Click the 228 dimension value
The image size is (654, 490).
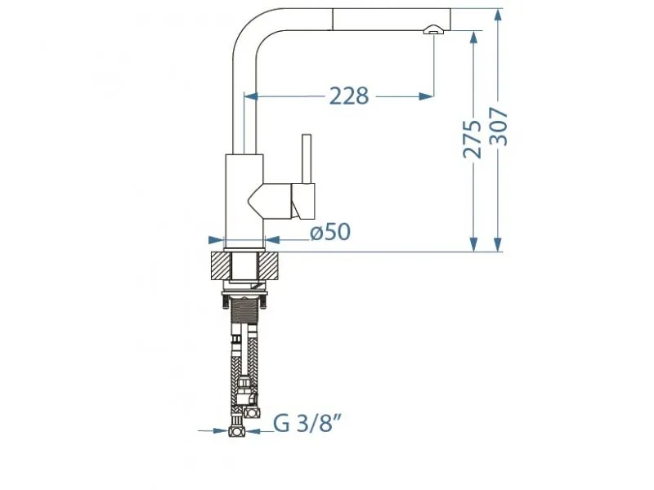click(349, 96)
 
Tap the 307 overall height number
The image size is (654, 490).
click(499, 127)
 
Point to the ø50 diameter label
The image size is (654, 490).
click(329, 233)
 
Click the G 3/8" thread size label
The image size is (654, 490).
click(307, 423)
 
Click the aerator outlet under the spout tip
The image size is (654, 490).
click(432, 30)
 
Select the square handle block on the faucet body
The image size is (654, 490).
click(303, 201)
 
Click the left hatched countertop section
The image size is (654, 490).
click(222, 265)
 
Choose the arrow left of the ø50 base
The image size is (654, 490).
click(217, 240)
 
